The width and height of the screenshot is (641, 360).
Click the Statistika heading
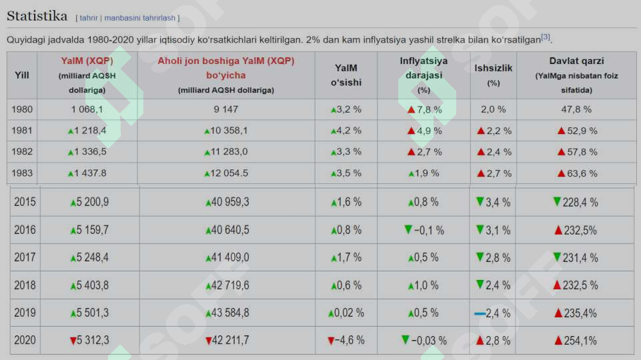[x=37, y=16]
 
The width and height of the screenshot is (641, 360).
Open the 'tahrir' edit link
[x=88, y=18]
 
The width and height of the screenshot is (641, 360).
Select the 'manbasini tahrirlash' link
[x=139, y=18]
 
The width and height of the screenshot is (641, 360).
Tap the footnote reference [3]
[x=546, y=37]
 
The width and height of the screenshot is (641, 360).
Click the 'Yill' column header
[x=21, y=75]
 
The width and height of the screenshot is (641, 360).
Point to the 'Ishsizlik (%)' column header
[x=493, y=75]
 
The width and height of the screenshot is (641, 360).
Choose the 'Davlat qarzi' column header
[x=576, y=61]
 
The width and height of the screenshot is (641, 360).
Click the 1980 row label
[x=21, y=109]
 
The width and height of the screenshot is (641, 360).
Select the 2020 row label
[x=25, y=340]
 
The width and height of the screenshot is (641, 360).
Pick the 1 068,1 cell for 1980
[x=87, y=109]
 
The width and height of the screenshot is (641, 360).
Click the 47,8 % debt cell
[x=576, y=109]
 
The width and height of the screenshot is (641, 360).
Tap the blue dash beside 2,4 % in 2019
[x=480, y=314]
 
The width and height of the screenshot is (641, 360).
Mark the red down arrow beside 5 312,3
[x=73, y=341]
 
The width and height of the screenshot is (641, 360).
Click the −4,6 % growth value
[x=350, y=340]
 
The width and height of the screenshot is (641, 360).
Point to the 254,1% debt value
[x=580, y=341]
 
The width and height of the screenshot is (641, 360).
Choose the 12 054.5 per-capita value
[x=229, y=173]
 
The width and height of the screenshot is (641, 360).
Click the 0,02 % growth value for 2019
[x=349, y=313]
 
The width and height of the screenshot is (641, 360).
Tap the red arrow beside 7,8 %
[x=412, y=110]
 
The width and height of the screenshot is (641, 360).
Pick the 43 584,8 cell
[x=229, y=313]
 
